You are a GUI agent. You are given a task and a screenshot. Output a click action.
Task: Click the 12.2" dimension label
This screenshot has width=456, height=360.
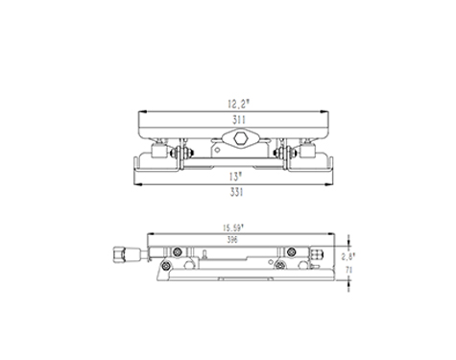238,104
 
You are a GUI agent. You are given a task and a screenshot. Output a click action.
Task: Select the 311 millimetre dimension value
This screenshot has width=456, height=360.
239,120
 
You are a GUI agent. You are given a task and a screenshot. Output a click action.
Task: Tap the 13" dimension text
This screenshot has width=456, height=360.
235,177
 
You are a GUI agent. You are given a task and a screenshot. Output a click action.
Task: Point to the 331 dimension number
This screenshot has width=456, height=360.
236,192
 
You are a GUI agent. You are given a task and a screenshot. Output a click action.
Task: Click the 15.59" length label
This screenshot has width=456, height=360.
233,228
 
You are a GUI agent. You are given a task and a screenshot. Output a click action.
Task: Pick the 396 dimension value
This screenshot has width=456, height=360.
232,240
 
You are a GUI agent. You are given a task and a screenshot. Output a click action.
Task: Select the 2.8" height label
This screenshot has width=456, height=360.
348,256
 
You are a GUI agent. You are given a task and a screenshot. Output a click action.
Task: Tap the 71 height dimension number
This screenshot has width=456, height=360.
348,270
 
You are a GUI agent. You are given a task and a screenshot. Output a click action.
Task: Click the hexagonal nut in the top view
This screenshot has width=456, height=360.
240,138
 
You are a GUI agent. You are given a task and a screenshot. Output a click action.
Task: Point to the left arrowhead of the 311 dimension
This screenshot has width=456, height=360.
142,111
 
